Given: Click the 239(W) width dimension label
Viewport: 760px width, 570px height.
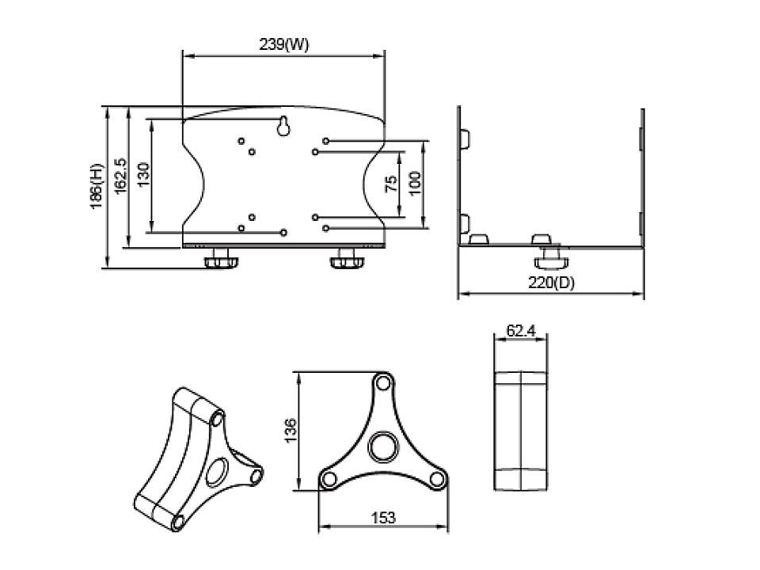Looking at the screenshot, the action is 284,44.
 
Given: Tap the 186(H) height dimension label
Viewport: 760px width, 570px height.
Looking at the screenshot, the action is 97,186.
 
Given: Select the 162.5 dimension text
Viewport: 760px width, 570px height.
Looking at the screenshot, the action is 120,177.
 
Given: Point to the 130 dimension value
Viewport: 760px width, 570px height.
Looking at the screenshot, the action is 143,175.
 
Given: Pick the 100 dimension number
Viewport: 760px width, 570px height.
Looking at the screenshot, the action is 415,184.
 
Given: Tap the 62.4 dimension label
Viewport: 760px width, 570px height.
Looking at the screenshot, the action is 521,331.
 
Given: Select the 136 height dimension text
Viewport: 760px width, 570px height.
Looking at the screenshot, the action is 290,430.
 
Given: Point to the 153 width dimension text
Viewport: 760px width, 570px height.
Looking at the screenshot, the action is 383,518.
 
